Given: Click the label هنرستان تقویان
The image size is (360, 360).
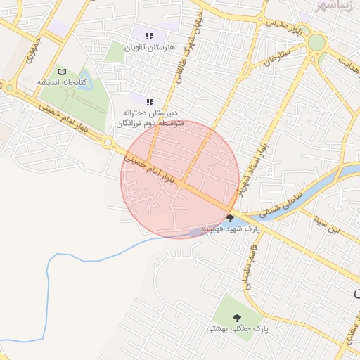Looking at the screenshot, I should click(148, 48).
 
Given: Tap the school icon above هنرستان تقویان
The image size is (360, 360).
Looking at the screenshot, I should click(148, 36).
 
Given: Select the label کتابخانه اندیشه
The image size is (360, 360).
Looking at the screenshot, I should click(63, 83).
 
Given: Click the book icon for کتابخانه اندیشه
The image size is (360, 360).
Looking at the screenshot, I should click(63, 72).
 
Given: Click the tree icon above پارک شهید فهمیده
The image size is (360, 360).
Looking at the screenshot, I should click(231, 217).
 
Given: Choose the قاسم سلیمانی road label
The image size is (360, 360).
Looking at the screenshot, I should click(244, 267).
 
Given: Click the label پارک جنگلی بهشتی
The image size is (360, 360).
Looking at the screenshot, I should click(238, 329).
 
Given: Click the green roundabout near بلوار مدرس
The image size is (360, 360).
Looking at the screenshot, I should click(316, 42).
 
